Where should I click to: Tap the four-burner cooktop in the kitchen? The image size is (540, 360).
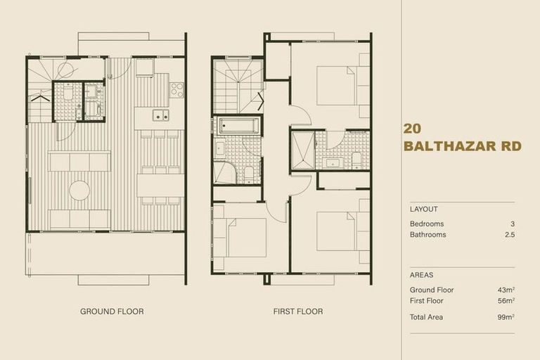coord(176,89)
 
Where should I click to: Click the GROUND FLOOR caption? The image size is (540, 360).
coord(112,311)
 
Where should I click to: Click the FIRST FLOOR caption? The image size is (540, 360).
coord(297,311)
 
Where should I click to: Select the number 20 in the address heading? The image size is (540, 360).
coord(413,129)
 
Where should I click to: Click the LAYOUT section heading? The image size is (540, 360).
coord(423,209)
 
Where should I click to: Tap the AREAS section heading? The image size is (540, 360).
coord(421,275)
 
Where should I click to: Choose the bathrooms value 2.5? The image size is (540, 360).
coord(510,235)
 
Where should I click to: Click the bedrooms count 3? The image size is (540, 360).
coord(513,224)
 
